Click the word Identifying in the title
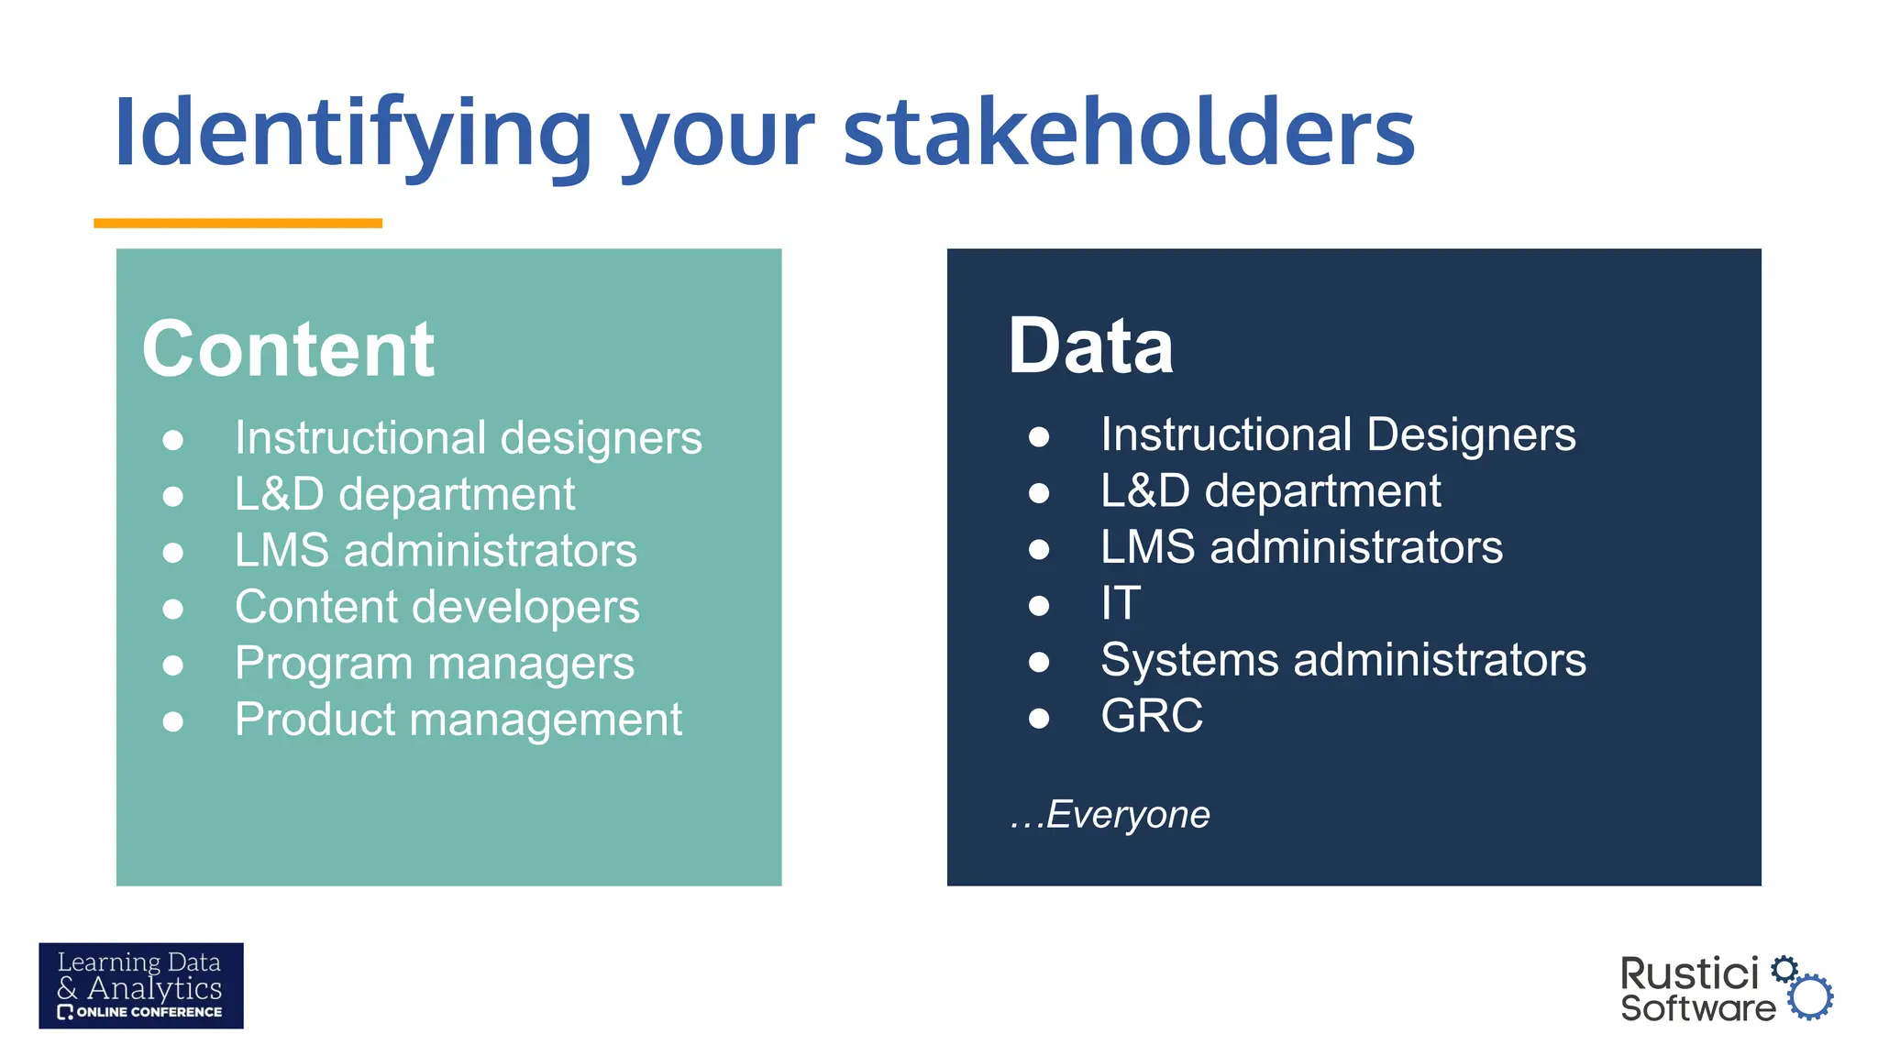click(353, 134)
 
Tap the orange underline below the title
click(238, 223)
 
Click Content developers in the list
click(436, 607)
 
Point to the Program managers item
click(434, 664)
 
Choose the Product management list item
click(458, 720)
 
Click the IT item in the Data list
click(1121, 603)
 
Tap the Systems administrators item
click(1342, 660)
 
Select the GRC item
click(1152, 716)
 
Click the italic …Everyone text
click(1110, 814)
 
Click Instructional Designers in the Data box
click(1337, 434)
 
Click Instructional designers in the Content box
click(468, 438)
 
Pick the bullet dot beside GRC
click(1038, 718)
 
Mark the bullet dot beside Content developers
click(172, 610)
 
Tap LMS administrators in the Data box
click(1301, 547)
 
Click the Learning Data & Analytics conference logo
click(141, 985)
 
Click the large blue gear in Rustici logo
click(1810, 996)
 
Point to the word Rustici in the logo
click(1689, 973)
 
